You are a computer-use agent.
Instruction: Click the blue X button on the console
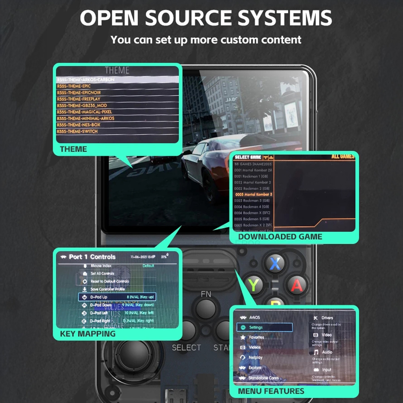point(275,264)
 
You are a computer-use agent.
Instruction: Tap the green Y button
point(253,285)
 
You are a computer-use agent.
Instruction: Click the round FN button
point(206,308)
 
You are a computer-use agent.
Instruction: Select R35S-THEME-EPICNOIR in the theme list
point(79,93)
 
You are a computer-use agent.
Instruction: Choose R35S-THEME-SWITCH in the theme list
point(77,131)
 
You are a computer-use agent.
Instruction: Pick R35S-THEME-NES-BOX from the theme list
point(79,125)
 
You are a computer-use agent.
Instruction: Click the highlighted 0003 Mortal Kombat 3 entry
point(253,195)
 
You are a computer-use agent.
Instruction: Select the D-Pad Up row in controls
point(117,297)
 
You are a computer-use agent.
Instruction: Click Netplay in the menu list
point(255,358)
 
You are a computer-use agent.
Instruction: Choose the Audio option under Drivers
point(327,352)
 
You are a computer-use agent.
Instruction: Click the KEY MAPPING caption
point(88,334)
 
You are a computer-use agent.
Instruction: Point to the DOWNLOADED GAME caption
point(280,237)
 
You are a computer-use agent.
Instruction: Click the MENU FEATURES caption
point(271,391)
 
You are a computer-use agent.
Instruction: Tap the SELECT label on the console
point(186,348)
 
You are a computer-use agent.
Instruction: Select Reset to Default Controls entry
point(110,281)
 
